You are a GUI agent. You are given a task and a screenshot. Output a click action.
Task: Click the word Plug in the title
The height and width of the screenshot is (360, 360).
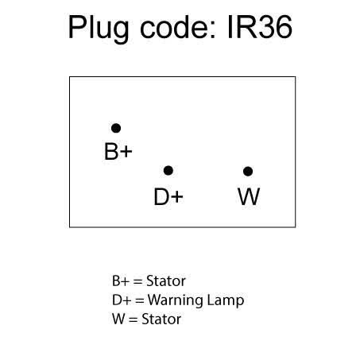tap(99, 28)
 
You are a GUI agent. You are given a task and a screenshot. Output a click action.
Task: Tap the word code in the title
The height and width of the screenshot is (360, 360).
tap(177, 27)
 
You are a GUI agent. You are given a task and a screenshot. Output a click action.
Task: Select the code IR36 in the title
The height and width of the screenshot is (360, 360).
tap(260, 27)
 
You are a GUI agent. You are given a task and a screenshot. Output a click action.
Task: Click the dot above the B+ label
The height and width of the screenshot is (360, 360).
tap(116, 128)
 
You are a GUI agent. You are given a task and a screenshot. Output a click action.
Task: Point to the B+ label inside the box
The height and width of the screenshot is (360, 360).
tap(118, 152)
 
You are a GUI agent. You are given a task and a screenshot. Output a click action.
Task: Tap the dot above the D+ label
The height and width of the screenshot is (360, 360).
tap(168, 171)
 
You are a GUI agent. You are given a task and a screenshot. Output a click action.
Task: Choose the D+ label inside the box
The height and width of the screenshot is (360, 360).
tap(168, 196)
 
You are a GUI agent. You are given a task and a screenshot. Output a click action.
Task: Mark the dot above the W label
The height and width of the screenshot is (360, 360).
tap(248, 172)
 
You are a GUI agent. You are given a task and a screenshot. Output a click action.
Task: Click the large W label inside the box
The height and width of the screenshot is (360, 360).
tap(249, 196)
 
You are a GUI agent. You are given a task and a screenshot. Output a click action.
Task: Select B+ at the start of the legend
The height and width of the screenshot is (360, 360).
tap(121, 281)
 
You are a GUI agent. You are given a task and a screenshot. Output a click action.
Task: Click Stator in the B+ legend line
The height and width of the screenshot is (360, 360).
tap(166, 281)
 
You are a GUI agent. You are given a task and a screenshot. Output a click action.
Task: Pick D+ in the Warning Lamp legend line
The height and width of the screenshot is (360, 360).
tap(122, 300)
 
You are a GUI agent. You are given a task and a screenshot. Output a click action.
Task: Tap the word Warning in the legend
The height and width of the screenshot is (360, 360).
tap(176, 300)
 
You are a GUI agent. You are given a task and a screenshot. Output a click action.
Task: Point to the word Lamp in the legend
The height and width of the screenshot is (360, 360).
tap(226, 301)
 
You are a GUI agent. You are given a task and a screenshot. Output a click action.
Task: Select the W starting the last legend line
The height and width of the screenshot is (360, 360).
tap(118, 319)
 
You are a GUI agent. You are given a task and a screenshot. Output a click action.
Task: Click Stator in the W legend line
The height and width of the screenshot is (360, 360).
tap(161, 319)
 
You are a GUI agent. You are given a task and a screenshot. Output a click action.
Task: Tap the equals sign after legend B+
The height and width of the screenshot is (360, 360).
tap(137, 281)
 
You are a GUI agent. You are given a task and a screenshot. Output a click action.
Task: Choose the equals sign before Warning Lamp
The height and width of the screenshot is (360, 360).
tap(140, 300)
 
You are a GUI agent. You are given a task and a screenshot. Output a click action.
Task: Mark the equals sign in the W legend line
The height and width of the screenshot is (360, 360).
tap(134, 319)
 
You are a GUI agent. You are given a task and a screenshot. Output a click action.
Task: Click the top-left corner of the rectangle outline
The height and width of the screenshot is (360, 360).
tap(69, 77)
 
